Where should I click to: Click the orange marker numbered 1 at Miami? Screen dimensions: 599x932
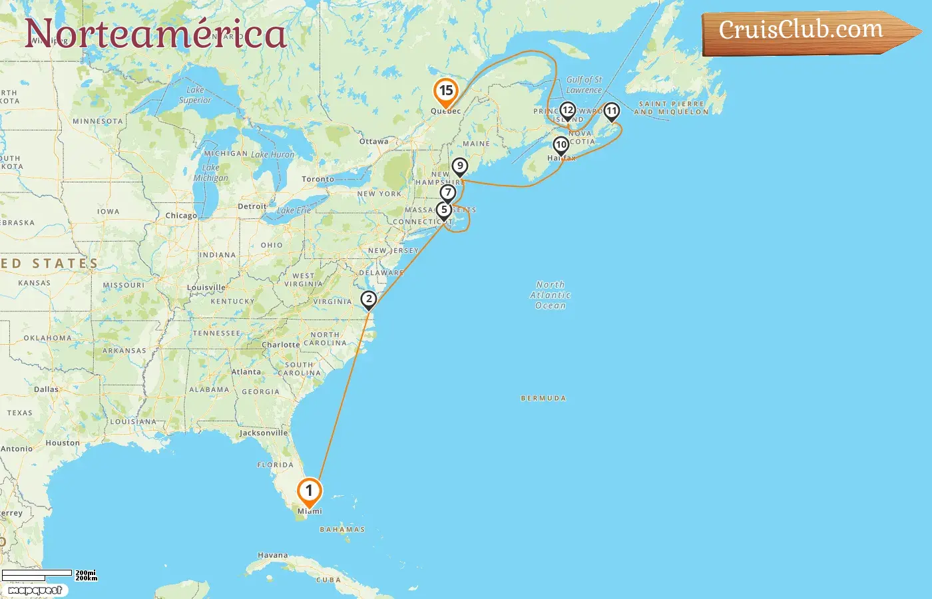pyautogui.click(x=309, y=492)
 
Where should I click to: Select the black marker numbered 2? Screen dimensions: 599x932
pyautogui.click(x=369, y=299)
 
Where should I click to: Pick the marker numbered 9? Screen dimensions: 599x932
pyautogui.click(x=459, y=166)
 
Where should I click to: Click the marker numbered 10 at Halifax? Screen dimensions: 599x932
pyautogui.click(x=561, y=145)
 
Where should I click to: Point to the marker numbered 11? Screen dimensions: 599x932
pyautogui.click(x=611, y=111)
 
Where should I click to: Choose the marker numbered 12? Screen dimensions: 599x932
pyautogui.click(x=567, y=110)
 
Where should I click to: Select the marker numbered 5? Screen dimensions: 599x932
pyautogui.click(x=443, y=210)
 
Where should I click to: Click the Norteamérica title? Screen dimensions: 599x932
pyautogui.click(x=156, y=34)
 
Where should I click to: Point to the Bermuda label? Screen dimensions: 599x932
pyautogui.click(x=543, y=399)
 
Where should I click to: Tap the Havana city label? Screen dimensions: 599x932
pyautogui.click(x=273, y=555)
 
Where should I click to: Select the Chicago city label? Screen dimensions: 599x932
pyautogui.click(x=181, y=216)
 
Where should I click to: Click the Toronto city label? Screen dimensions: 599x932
pyautogui.click(x=318, y=179)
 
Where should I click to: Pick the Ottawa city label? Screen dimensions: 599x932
pyautogui.click(x=373, y=142)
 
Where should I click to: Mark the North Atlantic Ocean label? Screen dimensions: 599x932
pyautogui.click(x=551, y=295)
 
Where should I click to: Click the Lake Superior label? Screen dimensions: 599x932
pyautogui.click(x=195, y=95)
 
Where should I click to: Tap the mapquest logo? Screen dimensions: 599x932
pyautogui.click(x=35, y=590)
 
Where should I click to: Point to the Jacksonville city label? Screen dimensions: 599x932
pyautogui.click(x=264, y=433)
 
